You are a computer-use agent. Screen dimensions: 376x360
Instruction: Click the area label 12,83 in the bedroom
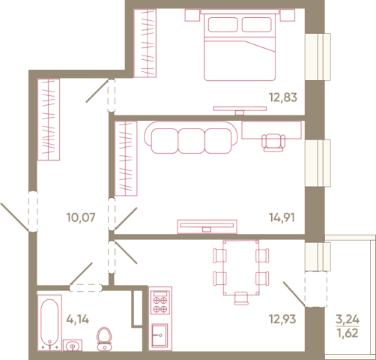[x=283, y=97]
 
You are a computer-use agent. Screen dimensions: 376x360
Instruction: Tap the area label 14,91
[x=282, y=217]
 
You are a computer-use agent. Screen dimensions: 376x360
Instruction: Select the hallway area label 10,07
[x=81, y=217]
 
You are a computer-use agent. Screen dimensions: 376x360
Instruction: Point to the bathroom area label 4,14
[x=78, y=319]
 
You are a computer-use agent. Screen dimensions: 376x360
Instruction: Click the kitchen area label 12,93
[x=282, y=319]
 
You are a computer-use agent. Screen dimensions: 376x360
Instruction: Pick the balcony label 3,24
[x=348, y=319]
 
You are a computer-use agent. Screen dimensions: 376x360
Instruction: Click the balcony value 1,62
[x=348, y=333]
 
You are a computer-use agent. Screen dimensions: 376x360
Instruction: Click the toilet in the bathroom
[x=105, y=339]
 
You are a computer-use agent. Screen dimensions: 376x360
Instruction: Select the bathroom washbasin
[x=73, y=345]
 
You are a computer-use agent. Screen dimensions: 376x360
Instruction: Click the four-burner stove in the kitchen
[x=160, y=302]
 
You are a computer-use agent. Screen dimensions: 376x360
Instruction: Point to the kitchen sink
[x=160, y=335]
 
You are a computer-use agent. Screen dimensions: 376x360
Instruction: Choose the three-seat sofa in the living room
[x=191, y=137]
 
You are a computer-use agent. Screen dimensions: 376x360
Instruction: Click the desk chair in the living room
[x=273, y=142]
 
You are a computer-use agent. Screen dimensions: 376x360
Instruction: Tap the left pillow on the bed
[x=222, y=25]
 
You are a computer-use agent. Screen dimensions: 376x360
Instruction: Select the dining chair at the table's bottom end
[x=241, y=298]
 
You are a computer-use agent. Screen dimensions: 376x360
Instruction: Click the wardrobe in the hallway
[x=49, y=119]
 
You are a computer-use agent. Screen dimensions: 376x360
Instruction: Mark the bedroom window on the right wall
[x=318, y=57]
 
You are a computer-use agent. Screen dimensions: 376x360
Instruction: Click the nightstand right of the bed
[x=288, y=15]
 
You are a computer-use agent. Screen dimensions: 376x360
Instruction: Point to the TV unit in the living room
[x=207, y=226]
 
